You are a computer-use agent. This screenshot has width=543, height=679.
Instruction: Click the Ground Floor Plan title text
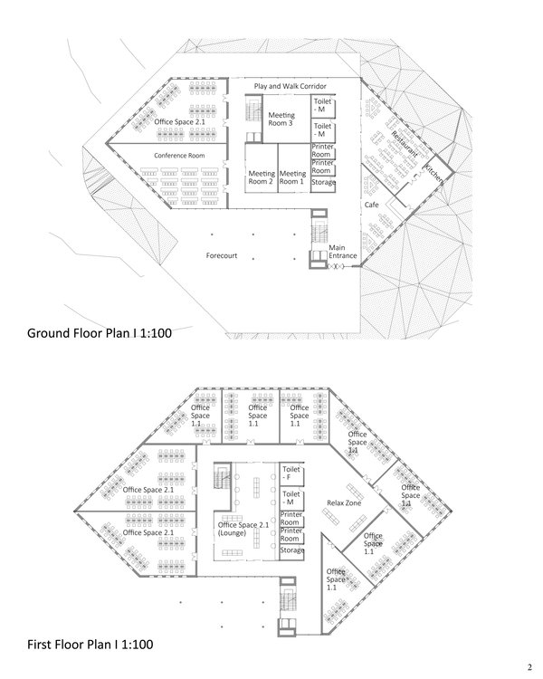pyautogui.click(x=100, y=333)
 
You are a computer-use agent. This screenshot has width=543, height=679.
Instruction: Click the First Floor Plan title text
pyautogui.click(x=90, y=645)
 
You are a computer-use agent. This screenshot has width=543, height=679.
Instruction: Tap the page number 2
pyautogui.click(x=529, y=667)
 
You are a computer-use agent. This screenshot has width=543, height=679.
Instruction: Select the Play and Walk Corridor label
pyautogui.click(x=291, y=86)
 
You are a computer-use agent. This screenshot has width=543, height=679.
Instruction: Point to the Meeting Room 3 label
pyautogui.click(x=281, y=120)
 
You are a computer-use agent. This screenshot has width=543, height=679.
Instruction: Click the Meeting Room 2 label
pyautogui.click(x=262, y=177)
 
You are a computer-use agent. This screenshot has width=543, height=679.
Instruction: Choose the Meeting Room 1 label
pyautogui.click(x=292, y=177)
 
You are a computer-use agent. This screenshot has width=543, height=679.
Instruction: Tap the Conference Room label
pyautogui.click(x=179, y=156)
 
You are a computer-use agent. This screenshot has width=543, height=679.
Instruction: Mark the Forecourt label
pyautogui.click(x=222, y=255)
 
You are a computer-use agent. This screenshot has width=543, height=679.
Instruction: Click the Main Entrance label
pyautogui.click(x=342, y=252)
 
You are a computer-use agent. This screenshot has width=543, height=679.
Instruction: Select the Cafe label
pyautogui.click(x=372, y=205)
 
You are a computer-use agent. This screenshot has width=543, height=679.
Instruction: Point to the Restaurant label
pyautogui.click(x=405, y=144)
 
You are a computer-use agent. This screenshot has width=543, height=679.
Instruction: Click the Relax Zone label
pyautogui.click(x=344, y=502)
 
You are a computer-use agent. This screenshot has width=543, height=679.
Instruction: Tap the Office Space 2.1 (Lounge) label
pyautogui.click(x=243, y=529)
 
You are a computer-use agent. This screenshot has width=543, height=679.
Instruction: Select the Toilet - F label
pyautogui.click(x=291, y=473)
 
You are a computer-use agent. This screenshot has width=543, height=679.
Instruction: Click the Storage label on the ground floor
pyautogui.click(x=323, y=182)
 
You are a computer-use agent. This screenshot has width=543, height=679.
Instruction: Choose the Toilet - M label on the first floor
pyautogui.click(x=291, y=498)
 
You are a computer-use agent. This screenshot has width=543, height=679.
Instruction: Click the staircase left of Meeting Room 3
pyautogui.click(x=253, y=109)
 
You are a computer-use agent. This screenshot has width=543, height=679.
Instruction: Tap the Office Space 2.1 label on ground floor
pyautogui.click(x=179, y=122)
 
